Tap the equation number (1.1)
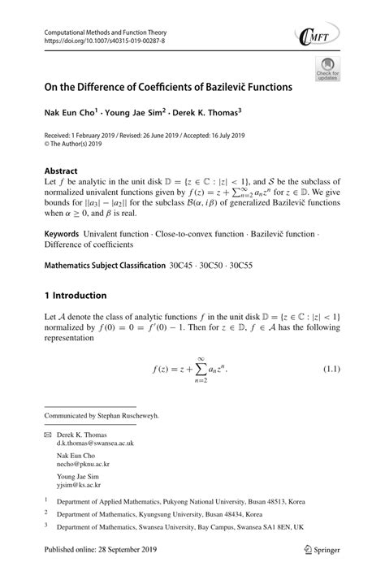pyautogui.click(x=331, y=371)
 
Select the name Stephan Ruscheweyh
pyautogui.click(x=133, y=415)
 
